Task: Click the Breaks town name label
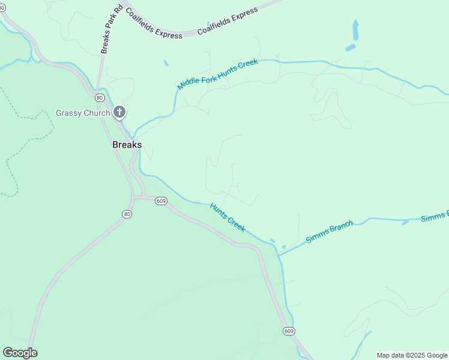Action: pyautogui.click(x=127, y=145)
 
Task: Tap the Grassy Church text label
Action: pyautogui.click(x=83, y=113)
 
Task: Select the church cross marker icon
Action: pyautogui.click(x=119, y=112)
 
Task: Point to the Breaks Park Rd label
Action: pyautogui.click(x=112, y=30)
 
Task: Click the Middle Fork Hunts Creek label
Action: pyautogui.click(x=217, y=74)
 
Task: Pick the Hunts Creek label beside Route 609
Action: pyautogui.click(x=228, y=217)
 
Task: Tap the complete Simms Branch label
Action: pyautogui.click(x=329, y=231)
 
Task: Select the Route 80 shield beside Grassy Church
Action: pyautogui.click(x=98, y=97)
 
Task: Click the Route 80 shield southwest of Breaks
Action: pyautogui.click(x=126, y=214)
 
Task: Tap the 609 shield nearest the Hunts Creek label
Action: pyautogui.click(x=160, y=201)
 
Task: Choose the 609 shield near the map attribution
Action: pyautogui.click(x=289, y=331)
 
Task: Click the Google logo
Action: pyautogui.click(x=20, y=353)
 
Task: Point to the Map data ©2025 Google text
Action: pyautogui.click(x=412, y=355)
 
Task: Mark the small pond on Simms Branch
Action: pyautogui.click(x=405, y=222)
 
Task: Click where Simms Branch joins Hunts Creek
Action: pyautogui.click(x=279, y=255)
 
